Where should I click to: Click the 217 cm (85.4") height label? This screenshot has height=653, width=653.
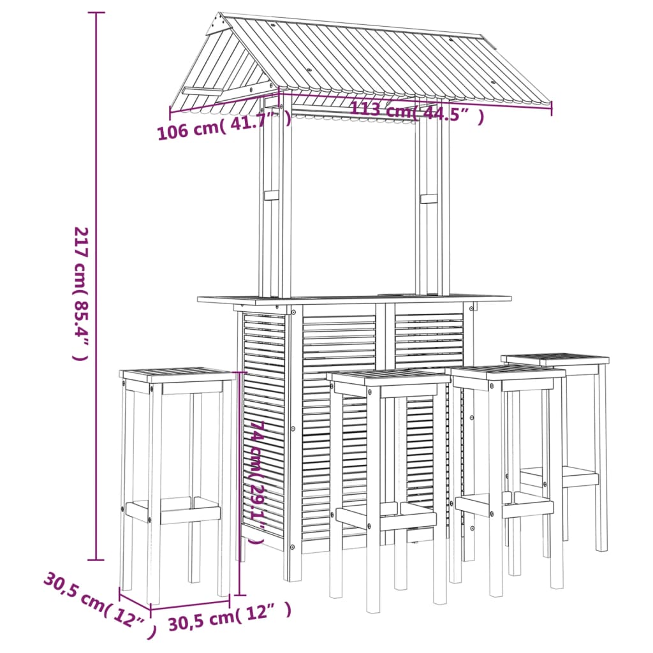(x=80, y=293)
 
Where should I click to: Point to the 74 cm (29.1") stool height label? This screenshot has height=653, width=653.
(x=256, y=481)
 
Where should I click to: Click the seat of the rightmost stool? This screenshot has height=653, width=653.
(x=555, y=359)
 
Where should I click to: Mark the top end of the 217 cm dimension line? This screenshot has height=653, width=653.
(x=96, y=13)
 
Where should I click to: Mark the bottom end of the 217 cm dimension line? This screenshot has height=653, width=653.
(x=96, y=560)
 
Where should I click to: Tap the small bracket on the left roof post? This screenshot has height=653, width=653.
(x=272, y=194)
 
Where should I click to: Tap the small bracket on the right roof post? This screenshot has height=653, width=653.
(x=429, y=198)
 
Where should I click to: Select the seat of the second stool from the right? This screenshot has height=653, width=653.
(x=507, y=371)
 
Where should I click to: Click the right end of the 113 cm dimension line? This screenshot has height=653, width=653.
(x=552, y=109)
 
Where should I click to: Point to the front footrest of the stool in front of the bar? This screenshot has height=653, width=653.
(x=386, y=520)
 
